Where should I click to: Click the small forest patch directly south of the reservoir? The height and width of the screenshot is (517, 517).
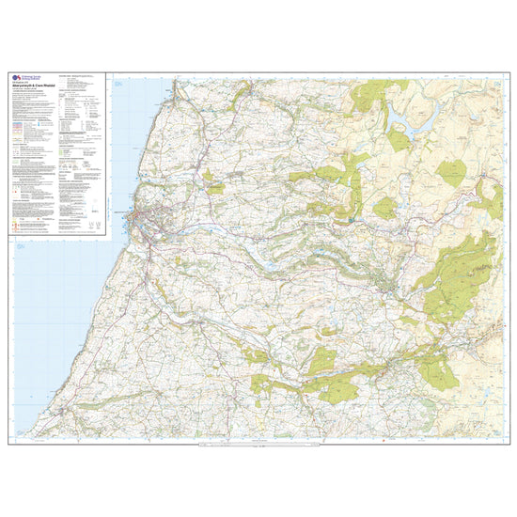coord(399,142)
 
